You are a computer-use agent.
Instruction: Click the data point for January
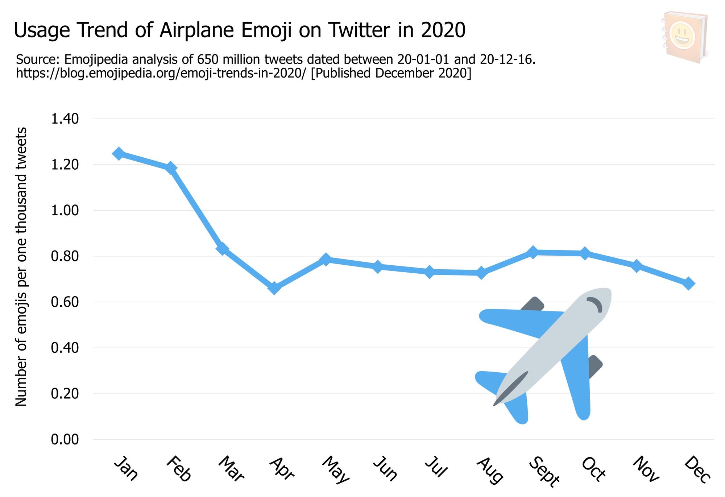tap(118, 154)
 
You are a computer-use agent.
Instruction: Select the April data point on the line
tap(274, 289)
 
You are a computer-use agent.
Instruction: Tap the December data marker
tap(689, 283)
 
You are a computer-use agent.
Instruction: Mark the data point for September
tap(533, 252)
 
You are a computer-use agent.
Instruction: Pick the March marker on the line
tap(222, 249)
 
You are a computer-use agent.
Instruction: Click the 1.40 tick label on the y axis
tap(65, 119)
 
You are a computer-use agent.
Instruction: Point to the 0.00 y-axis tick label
tap(65, 439)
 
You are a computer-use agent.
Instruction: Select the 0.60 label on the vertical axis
tap(65, 302)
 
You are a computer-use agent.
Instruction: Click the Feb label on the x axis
tap(179, 469)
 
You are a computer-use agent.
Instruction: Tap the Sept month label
tap(544, 472)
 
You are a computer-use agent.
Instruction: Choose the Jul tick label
tap(436, 467)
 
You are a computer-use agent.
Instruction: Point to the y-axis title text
tap(21, 266)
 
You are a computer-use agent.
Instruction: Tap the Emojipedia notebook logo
tap(684, 37)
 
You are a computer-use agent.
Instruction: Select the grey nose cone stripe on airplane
tap(511, 388)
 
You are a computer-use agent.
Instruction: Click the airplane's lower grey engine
tap(594, 366)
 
